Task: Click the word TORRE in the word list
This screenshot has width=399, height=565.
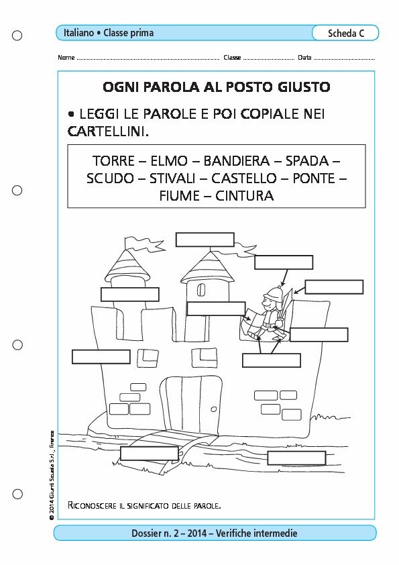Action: [x=113, y=160]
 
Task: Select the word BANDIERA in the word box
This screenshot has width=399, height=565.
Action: [x=236, y=160]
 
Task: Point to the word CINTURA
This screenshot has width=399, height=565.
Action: [x=245, y=196]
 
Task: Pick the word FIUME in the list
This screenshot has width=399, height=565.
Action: [x=179, y=196]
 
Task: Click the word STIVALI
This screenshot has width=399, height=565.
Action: [x=172, y=178]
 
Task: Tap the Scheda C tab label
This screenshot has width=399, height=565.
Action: [x=346, y=33]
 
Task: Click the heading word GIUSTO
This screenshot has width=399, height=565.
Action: [x=304, y=87]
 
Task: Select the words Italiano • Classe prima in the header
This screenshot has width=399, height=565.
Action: [x=109, y=33]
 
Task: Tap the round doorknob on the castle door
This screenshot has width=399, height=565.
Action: [x=213, y=409]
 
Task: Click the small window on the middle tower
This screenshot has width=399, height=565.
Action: [x=201, y=290]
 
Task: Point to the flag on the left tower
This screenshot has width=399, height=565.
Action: [x=144, y=244]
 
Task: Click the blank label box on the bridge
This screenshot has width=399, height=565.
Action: [x=150, y=454]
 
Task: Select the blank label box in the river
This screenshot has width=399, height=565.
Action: [x=296, y=458]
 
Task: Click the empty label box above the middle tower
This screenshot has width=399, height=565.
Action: [x=205, y=240]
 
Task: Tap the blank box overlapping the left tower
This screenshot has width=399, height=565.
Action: [x=130, y=295]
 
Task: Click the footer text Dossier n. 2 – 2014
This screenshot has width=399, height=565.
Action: [x=169, y=533]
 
